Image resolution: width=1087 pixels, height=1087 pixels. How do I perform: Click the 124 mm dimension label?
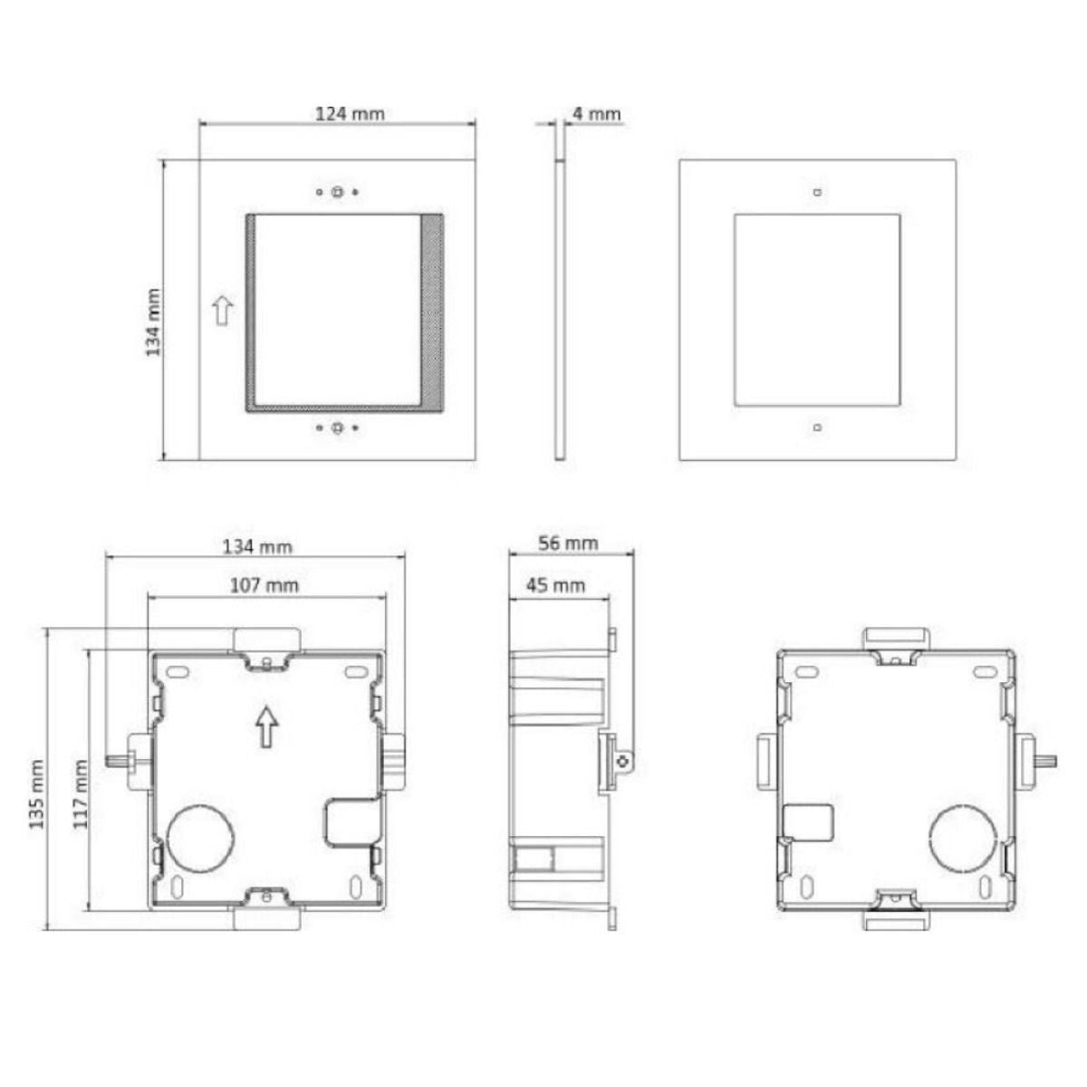(x=349, y=114)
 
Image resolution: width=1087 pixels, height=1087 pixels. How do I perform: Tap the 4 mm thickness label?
(x=596, y=114)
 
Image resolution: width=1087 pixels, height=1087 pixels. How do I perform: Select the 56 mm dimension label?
(x=568, y=543)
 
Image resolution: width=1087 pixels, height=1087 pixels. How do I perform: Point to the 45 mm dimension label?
(x=555, y=585)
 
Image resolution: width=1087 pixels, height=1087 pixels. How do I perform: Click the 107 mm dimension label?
(x=265, y=585)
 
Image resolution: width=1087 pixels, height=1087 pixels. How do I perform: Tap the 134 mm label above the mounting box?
(x=258, y=546)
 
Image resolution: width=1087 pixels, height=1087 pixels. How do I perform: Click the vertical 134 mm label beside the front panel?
(x=153, y=322)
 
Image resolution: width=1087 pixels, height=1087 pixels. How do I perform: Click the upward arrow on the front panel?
(x=222, y=311)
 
